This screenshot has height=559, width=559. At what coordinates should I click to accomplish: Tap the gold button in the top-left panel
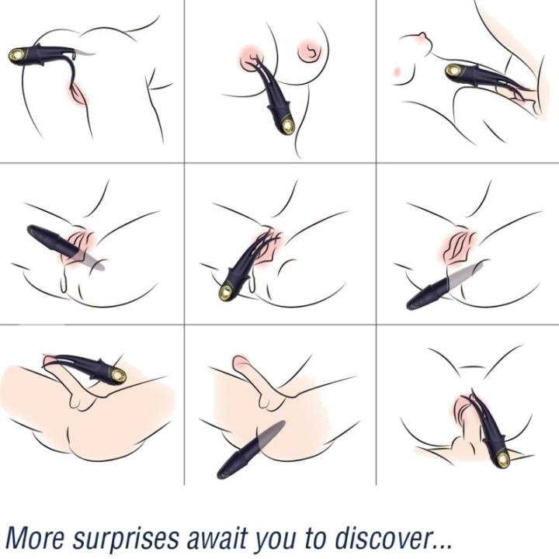pyautogui.click(x=17, y=55)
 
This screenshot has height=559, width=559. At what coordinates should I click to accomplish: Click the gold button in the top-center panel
pyautogui.click(x=287, y=126)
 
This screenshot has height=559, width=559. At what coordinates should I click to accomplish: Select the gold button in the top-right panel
pyautogui.click(x=453, y=71)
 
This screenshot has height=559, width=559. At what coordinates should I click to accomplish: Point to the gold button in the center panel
pyautogui.click(x=226, y=293)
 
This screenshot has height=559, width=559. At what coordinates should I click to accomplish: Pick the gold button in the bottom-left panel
pyautogui.click(x=118, y=375)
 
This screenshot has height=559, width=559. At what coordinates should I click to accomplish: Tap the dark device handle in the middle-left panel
pyautogui.click(x=52, y=240)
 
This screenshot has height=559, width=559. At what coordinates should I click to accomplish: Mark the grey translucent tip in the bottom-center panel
pyautogui.click(x=272, y=433)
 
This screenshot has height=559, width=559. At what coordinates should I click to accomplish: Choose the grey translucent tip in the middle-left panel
pyautogui.click(x=90, y=260)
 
